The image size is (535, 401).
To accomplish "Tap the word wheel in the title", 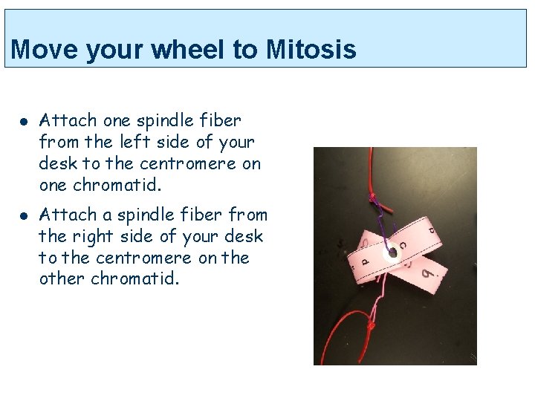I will point(187,50).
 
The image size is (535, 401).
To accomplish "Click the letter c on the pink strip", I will point(402,242).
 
